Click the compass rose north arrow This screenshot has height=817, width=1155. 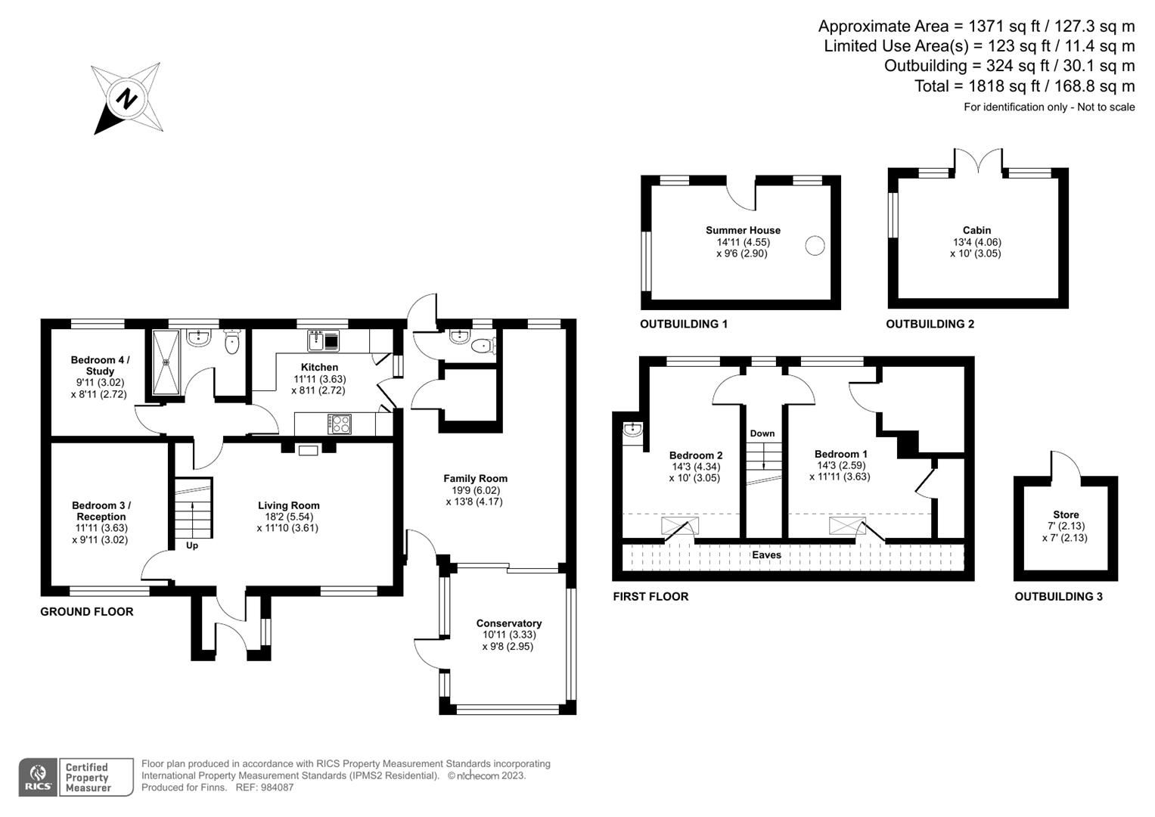126,99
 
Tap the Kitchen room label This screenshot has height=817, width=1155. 319,367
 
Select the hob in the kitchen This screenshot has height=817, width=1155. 339,424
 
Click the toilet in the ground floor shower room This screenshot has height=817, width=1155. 231,343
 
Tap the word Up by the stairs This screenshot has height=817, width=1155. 192,545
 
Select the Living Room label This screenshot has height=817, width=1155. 288,505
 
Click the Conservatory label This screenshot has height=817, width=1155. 508,623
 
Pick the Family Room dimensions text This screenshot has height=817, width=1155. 474,495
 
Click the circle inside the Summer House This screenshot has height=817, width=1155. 815,246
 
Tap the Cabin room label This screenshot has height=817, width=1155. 976,230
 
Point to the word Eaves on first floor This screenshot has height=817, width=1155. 766,555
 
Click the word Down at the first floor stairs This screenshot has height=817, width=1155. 762,433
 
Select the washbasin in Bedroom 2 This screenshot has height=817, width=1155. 632,431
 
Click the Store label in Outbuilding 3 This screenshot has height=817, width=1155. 1066,514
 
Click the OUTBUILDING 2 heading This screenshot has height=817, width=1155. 930,324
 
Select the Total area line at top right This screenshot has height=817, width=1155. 1024,86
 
